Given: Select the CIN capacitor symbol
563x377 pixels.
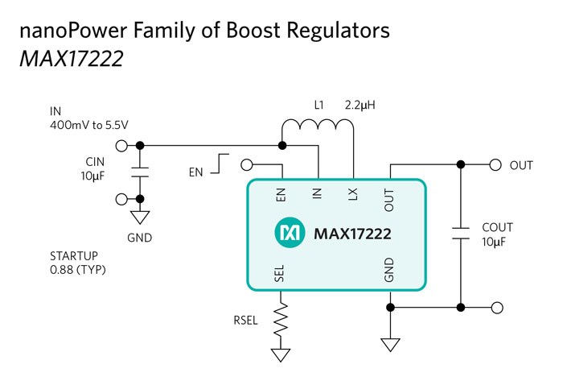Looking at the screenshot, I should tap(140, 172).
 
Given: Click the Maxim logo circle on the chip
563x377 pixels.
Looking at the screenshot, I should tap(289, 234).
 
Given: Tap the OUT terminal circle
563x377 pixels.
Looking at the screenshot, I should tap(495, 165).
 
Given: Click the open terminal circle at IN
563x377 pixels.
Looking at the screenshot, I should tap(121, 146).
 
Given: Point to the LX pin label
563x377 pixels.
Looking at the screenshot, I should tap(353, 194).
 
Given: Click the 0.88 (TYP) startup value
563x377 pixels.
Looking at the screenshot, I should tap(78, 270).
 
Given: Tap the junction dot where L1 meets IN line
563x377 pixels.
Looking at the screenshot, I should tap(282, 146).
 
